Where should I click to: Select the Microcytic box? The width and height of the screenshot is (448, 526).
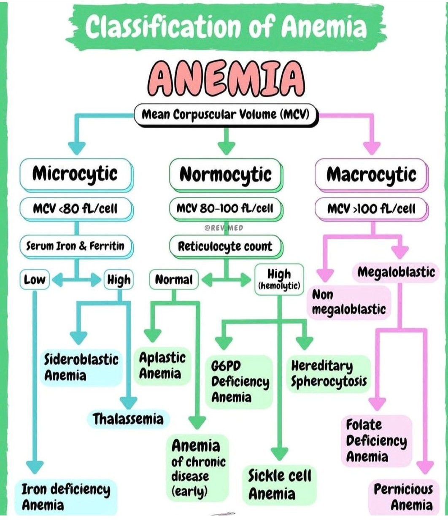pos(75,174)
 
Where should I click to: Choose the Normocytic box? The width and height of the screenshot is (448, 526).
pos(225,174)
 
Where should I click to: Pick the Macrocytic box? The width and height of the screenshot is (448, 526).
pos(371,174)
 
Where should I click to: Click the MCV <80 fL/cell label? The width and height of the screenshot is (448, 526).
pos(76,208)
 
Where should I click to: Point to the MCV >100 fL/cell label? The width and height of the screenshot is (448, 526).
pos(371,208)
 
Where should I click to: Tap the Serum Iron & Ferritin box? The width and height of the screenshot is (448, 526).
pos(76,246)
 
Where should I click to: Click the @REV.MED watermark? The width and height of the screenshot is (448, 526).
pos(224,228)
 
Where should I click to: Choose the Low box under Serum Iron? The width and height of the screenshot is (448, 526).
pos(35,279)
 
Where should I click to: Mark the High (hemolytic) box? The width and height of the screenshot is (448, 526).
pos(279,279)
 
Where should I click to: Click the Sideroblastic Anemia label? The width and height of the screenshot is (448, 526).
pos(81,367)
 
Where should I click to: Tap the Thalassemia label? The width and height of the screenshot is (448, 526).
pos(128,419)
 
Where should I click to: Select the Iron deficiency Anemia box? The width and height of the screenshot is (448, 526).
pos(66,497)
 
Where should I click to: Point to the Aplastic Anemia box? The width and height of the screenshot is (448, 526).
pos(162,366)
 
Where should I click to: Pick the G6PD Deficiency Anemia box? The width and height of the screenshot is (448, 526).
pos(239,382)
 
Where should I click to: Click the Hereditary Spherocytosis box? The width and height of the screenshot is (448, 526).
pos(329,373)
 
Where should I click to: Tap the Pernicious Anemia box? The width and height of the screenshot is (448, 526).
pos(403,497)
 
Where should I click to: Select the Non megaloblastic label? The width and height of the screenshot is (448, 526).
pos(348,302)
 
